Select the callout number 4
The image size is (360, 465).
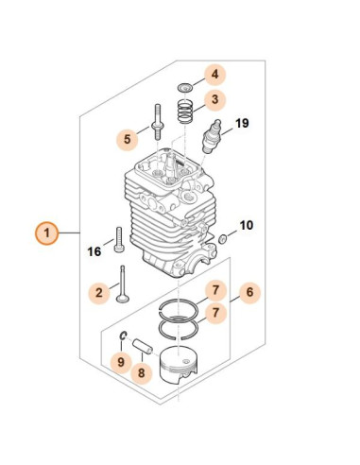click(214, 74)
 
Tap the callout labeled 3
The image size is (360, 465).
click(214, 99)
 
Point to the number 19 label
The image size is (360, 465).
click(242, 124)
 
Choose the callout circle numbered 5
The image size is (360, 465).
click(125, 139)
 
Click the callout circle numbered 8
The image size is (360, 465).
click(141, 372)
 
